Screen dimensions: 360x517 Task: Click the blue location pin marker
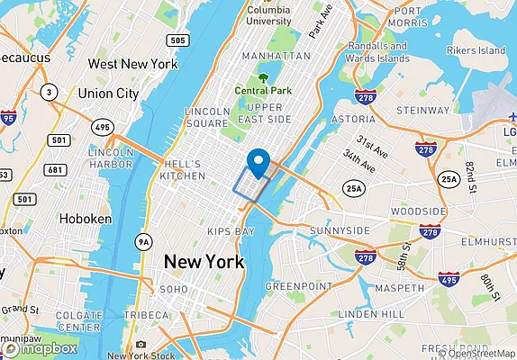(259, 163)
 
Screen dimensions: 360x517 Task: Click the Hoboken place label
(85, 219)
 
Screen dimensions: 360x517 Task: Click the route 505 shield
(177, 40)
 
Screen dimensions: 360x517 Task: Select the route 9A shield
(142, 241)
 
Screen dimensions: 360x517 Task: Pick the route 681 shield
(56, 170)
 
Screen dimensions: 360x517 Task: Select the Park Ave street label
(315, 22)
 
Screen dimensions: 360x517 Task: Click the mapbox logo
(40, 347)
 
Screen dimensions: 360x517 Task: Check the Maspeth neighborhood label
(392, 287)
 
